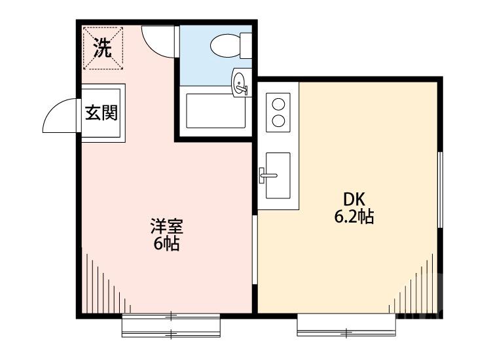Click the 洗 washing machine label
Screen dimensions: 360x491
tap(101, 48)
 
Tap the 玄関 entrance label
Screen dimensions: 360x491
tap(101, 113)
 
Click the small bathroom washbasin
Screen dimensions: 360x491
tap(240, 83)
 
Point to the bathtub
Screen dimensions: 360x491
tap(216, 111)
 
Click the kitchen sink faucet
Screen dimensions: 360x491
tap(267, 174)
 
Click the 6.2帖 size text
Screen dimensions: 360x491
tap(354, 217)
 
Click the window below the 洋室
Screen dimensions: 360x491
tap(170, 325)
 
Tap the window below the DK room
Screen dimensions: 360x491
tap(346, 324)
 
